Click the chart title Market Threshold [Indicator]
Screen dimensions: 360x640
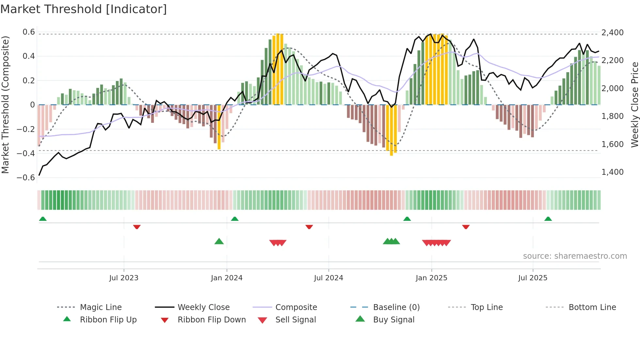click(84, 9)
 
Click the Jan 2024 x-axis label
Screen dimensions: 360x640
click(227, 278)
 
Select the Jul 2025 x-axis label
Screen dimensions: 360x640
click(533, 278)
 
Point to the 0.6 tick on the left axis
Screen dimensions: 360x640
click(29, 32)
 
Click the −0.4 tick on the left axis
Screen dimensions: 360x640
click(26, 153)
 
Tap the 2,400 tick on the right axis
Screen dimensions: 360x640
click(612, 33)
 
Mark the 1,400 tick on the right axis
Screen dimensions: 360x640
click(612, 172)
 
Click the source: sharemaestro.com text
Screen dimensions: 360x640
click(575, 256)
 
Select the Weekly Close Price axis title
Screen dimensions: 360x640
click(634, 105)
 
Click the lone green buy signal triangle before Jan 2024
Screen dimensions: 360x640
click(219, 241)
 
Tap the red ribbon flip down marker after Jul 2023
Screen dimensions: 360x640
click(137, 227)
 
